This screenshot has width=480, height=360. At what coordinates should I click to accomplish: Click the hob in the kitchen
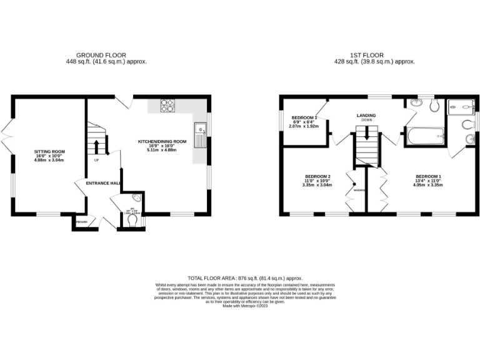tap(167, 106)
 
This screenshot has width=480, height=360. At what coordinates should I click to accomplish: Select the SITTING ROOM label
tap(49, 151)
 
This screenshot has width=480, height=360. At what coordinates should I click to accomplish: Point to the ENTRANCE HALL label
tap(98, 183)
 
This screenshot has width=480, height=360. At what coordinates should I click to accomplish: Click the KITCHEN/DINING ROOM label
tap(162, 142)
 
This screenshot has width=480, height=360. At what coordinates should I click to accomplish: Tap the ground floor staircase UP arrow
tap(97, 147)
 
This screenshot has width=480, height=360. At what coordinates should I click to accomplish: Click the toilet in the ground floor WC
tap(132, 219)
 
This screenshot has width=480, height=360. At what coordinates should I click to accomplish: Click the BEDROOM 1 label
tap(427, 176)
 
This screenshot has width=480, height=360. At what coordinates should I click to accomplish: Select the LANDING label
tap(366, 116)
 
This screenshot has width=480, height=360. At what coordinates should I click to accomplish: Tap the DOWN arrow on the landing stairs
tap(367, 131)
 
